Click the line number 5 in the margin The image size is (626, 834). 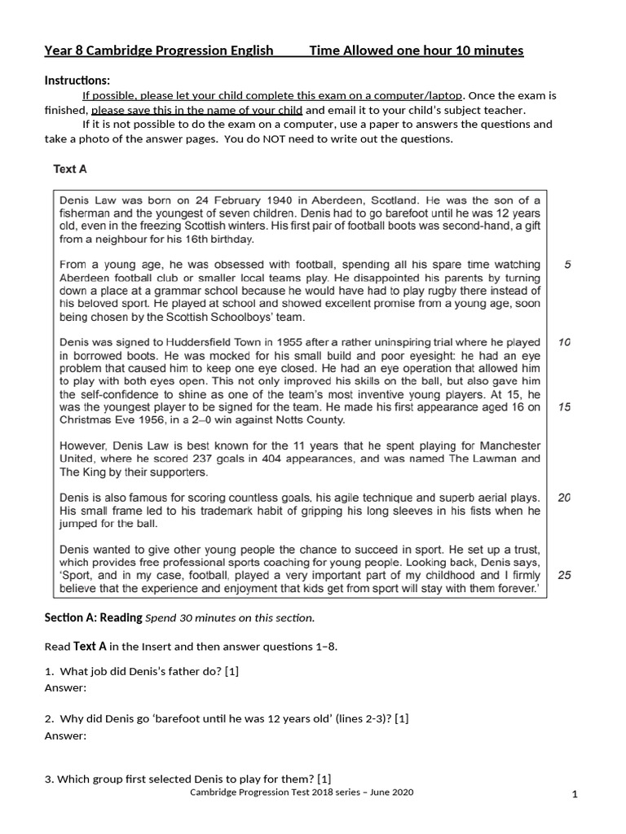coord(567,265)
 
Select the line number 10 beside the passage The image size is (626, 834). coord(565,342)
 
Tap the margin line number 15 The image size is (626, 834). coord(565,406)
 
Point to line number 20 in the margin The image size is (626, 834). coord(565,497)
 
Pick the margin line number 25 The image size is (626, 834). coord(565,574)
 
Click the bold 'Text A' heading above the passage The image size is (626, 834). coord(70,169)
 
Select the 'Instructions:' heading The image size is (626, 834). coord(77,81)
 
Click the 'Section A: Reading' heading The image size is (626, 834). coord(93,617)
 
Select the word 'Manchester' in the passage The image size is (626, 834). coord(509,446)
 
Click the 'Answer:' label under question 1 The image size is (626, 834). coord(65,687)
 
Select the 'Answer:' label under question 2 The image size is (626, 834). coord(65,735)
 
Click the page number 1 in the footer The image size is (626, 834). coord(575,796)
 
